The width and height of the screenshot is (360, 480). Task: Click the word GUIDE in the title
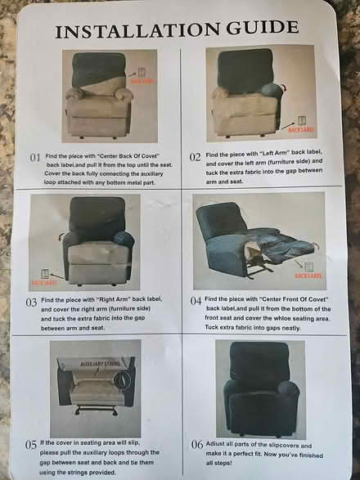click(261, 31)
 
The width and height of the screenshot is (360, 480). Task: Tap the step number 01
click(35, 156)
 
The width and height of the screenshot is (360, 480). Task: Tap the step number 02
click(196, 155)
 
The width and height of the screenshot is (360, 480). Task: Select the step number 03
click(31, 302)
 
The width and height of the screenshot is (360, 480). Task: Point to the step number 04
click(196, 300)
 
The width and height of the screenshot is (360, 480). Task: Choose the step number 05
click(30, 444)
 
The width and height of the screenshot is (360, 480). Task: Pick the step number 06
click(196, 444)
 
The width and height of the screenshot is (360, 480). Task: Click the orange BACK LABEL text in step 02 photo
click(300, 129)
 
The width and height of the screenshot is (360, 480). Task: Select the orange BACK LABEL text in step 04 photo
click(308, 277)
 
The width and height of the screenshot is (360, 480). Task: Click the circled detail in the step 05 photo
click(122, 379)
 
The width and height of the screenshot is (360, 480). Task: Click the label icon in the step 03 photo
click(45, 273)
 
